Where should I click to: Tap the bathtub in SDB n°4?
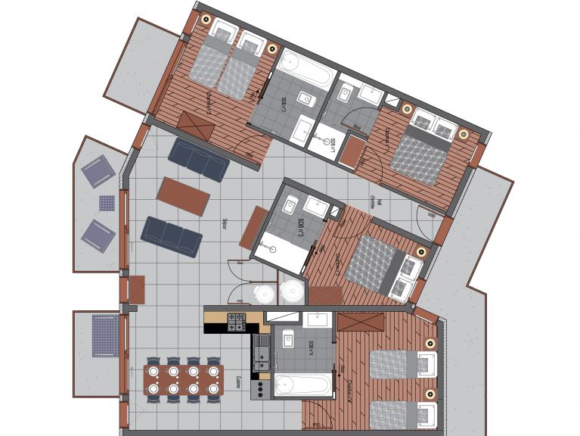click(x=302, y=384)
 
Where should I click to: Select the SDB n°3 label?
click(x=300, y=227)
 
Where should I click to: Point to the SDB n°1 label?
click(x=333, y=144)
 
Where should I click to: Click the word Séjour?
click(x=225, y=223)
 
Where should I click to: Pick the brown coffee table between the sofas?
click(x=183, y=196)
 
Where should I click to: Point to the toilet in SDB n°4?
click(x=288, y=341)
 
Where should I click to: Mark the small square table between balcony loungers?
click(x=107, y=203)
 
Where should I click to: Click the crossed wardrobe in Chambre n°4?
click(x=360, y=322)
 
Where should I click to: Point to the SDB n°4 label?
click(x=311, y=347)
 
